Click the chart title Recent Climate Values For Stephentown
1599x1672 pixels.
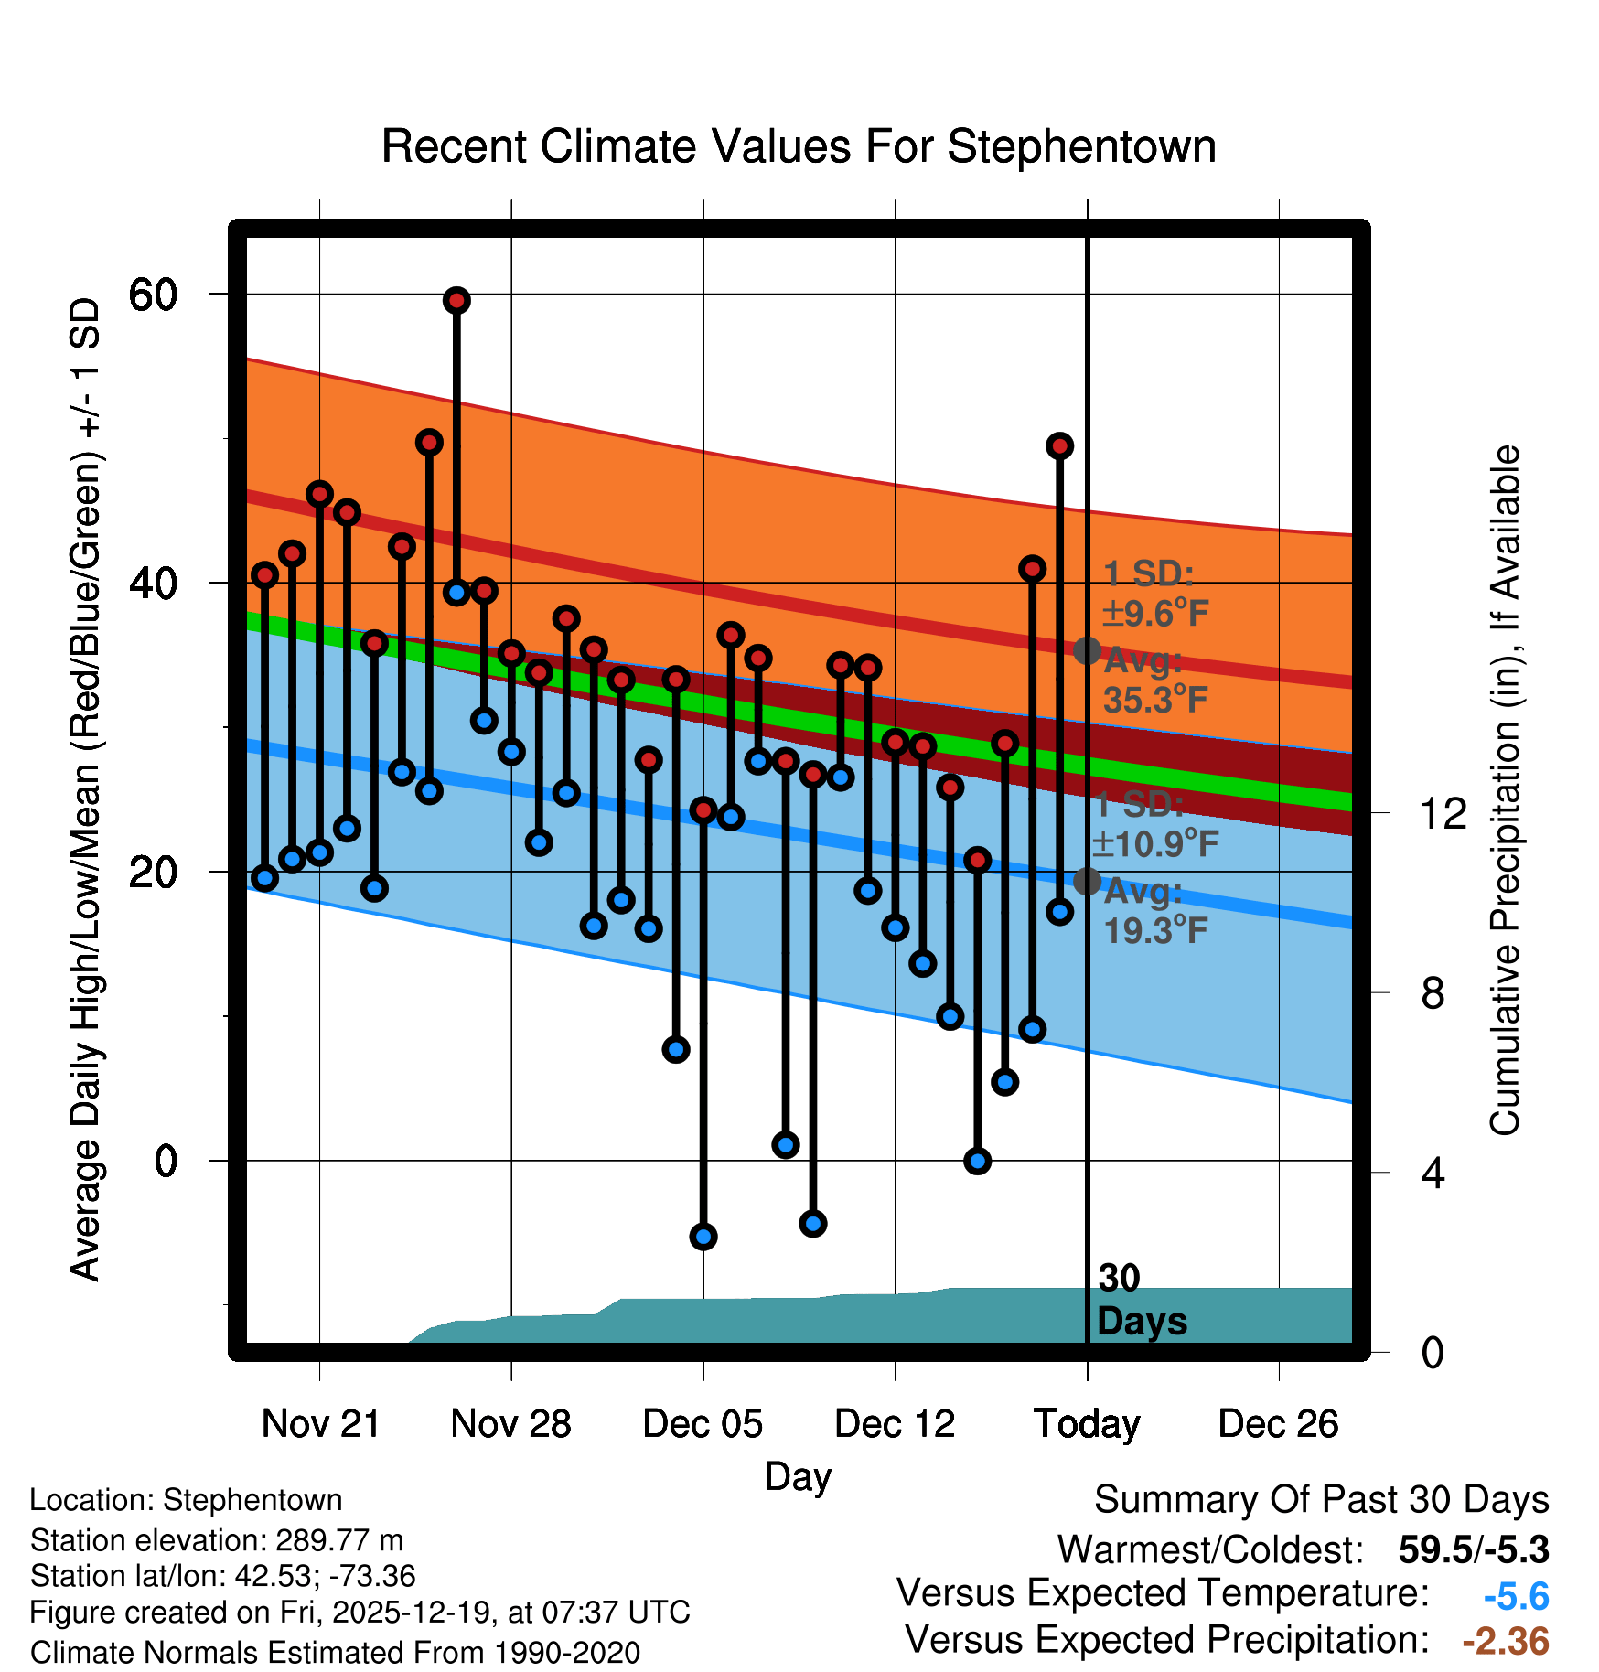coord(799,146)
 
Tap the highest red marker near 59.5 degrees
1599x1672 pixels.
coord(456,300)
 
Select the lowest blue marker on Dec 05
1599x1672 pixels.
coord(703,1237)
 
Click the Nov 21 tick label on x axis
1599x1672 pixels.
coord(320,1424)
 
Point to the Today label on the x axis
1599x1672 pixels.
coord(1087,1424)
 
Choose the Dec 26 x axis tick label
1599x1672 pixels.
coord(1278,1424)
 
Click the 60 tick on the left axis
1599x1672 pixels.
coord(153,295)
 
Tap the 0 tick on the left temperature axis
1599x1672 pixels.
coord(166,1162)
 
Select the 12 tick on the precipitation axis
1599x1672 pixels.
coord(1443,813)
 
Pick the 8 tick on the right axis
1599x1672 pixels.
coord(1433,993)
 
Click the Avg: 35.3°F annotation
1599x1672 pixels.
coord(1154,681)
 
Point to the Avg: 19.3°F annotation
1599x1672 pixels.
coord(1154,911)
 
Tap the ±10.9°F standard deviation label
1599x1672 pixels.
coord(1156,843)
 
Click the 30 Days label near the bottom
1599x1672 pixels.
coord(1142,1300)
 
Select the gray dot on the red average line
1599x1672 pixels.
coord(1087,651)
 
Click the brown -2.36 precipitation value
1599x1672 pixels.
coord(1506,1641)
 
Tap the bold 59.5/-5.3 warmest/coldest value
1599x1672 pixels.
coord(1474,1549)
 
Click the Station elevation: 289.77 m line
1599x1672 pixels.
coord(217,1540)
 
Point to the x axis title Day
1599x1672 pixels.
coord(798,1476)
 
